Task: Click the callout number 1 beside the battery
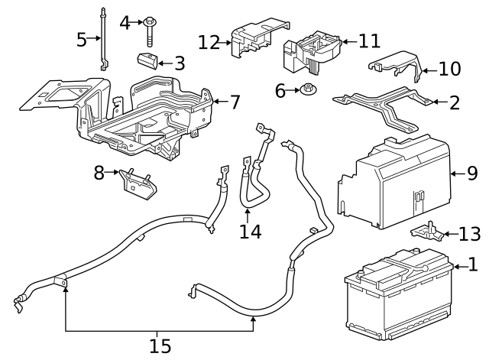tap(472, 265)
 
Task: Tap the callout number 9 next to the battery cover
tap(472, 174)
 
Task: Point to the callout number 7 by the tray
tap(235, 101)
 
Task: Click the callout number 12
tap(209, 42)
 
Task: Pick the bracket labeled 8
tap(134, 183)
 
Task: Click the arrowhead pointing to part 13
tap(445, 233)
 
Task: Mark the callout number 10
tap(450, 70)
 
